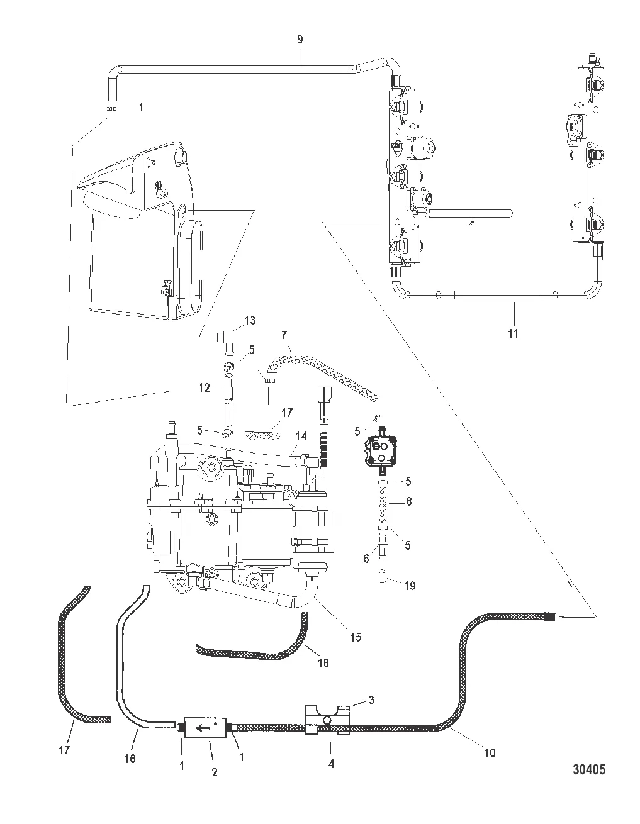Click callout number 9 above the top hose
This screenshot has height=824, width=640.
pyautogui.click(x=300, y=40)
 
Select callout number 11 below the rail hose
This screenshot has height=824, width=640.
pyautogui.click(x=513, y=334)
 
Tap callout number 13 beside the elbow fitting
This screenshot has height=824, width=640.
pyautogui.click(x=250, y=320)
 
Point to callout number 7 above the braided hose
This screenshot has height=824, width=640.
pyautogui.click(x=284, y=335)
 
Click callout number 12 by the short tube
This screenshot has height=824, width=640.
pyautogui.click(x=204, y=387)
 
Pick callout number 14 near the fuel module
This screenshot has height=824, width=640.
pyautogui.click(x=301, y=437)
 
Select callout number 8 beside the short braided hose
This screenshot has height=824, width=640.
pyautogui.click(x=408, y=501)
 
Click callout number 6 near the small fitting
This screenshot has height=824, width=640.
pyautogui.click(x=366, y=559)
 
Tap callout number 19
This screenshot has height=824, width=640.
pyautogui.click(x=410, y=586)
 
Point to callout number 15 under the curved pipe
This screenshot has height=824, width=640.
pyautogui.click(x=356, y=637)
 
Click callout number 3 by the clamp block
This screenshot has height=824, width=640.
pyautogui.click(x=371, y=700)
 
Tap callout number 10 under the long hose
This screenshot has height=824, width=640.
pyautogui.click(x=490, y=753)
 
